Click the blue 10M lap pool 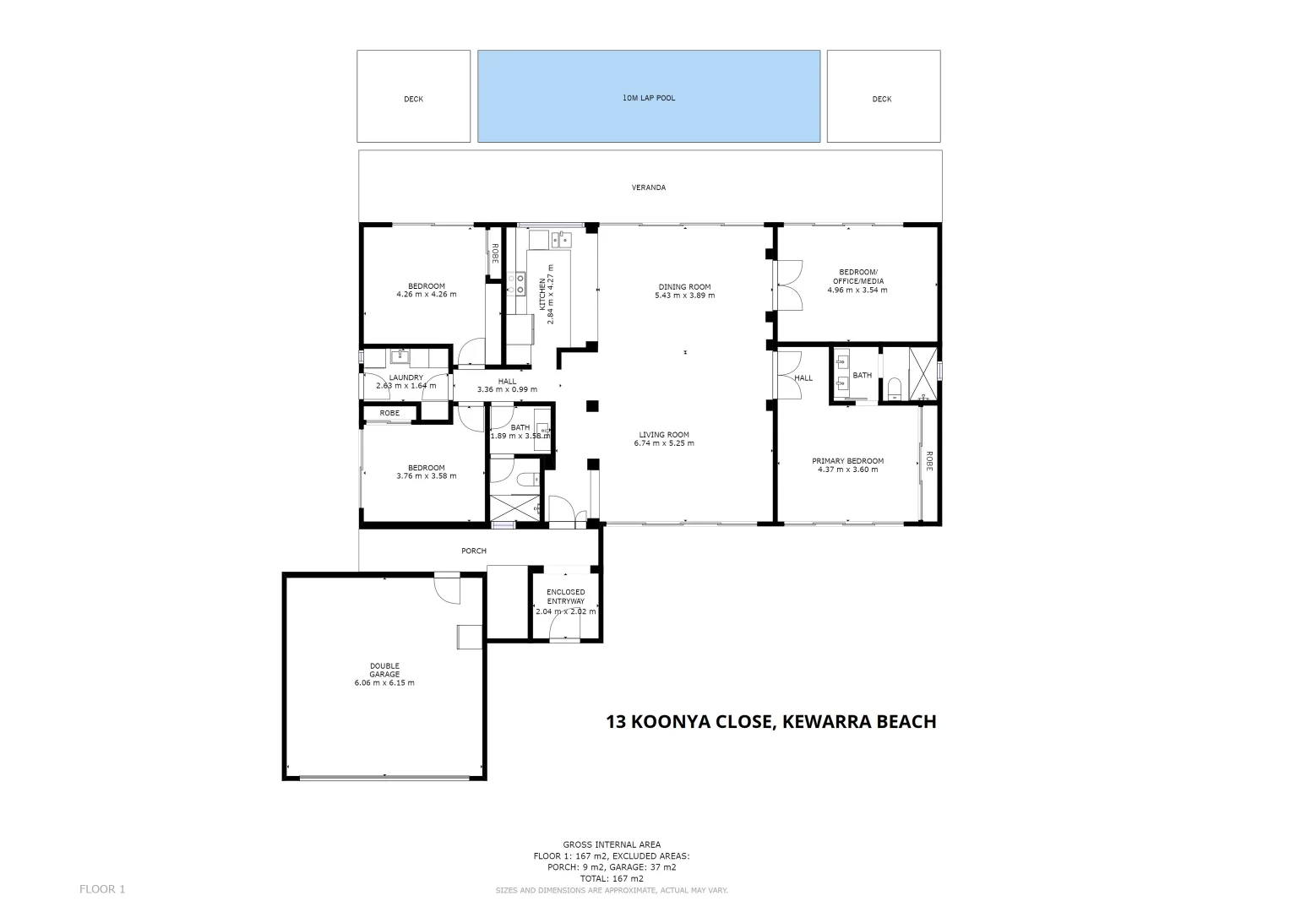click(x=649, y=118)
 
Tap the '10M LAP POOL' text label click(x=649, y=98)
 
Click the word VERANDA click(x=649, y=187)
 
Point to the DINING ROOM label click(x=685, y=287)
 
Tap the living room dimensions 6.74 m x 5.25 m click(x=666, y=443)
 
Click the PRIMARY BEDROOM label click(x=847, y=461)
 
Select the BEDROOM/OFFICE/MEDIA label click(x=857, y=276)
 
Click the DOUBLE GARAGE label click(x=384, y=670)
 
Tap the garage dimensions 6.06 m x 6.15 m click(x=384, y=683)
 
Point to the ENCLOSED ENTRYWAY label click(x=566, y=596)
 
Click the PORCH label click(x=474, y=551)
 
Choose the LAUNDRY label click(x=406, y=377)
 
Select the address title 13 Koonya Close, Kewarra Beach click(x=771, y=722)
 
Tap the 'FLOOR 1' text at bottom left click(x=102, y=888)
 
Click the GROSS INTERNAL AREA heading click(x=612, y=844)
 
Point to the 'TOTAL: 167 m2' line click(x=612, y=878)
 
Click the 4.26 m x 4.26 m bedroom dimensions click(x=426, y=295)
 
